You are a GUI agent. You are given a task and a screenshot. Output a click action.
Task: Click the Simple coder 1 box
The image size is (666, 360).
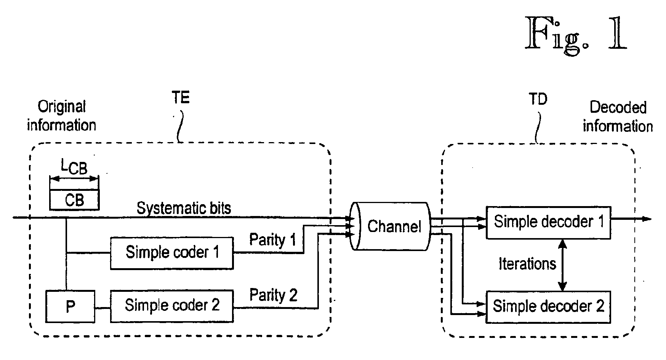coord(172,253)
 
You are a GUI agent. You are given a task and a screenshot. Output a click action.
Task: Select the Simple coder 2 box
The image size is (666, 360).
coord(172,306)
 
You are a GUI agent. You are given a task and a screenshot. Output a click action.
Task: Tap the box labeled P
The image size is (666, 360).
coord(70,306)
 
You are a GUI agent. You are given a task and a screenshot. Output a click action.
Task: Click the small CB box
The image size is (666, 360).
coord(74,200)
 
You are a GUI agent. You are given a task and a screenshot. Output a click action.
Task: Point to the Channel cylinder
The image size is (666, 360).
coord(391,226)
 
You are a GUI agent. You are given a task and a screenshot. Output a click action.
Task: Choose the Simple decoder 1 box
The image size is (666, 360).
coord(548,223)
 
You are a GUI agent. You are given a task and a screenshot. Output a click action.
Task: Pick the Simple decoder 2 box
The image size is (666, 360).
coord(548,307)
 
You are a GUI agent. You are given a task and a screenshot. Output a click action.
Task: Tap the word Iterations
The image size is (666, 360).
coord(527,264)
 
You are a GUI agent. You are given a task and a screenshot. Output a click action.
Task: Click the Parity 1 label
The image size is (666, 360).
coord(272,240)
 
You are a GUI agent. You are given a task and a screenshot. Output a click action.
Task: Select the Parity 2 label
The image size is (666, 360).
coord(273,295)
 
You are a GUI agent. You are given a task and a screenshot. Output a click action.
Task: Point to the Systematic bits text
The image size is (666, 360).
coord(184,208)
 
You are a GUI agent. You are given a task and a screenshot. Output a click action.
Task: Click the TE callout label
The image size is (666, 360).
coord(180,98)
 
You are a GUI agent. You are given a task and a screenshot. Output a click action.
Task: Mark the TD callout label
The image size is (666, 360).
coord(538,99)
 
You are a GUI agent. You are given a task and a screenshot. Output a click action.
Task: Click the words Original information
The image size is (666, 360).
coord(61,116)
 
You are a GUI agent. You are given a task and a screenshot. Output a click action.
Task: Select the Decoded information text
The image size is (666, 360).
coord(618,117)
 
